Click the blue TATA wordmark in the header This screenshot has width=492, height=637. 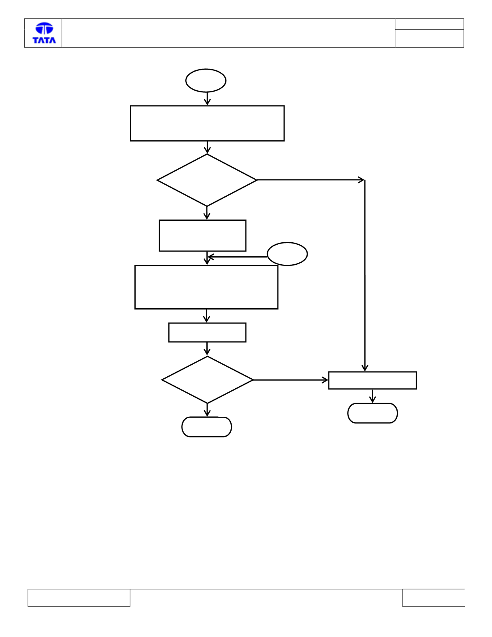click(x=44, y=40)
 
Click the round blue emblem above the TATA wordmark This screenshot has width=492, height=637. click(x=44, y=28)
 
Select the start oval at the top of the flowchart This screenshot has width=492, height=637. click(x=206, y=81)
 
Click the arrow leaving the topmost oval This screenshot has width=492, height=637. click(x=207, y=99)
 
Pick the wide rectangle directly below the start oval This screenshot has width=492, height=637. click(x=207, y=124)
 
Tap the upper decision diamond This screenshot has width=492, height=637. click(x=207, y=180)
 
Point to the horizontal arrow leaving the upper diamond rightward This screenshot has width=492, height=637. click(x=310, y=180)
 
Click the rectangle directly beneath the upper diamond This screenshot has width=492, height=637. click(x=203, y=236)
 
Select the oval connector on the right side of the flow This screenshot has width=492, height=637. click(x=287, y=254)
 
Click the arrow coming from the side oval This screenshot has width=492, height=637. click(x=238, y=257)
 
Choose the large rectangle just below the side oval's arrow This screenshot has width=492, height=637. click(x=206, y=287)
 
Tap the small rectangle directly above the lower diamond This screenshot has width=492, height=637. click(x=207, y=332)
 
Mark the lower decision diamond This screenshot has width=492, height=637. click(x=207, y=380)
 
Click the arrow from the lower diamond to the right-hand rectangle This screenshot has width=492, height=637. click(x=290, y=380)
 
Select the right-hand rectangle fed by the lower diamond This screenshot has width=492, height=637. click(x=373, y=381)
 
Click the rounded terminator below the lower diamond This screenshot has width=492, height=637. click(x=207, y=427)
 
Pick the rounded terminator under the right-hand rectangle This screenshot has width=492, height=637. click(x=373, y=413)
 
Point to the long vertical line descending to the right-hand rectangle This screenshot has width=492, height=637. click(x=365, y=276)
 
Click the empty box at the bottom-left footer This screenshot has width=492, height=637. click(x=79, y=598)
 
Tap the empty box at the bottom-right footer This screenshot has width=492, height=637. click(x=434, y=598)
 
